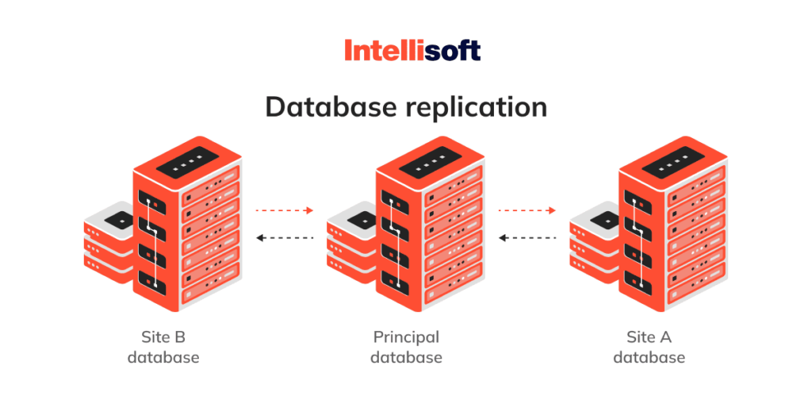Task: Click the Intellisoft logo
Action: click(412, 52)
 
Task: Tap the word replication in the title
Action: click(475, 107)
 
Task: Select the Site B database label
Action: click(163, 347)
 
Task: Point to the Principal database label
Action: click(406, 347)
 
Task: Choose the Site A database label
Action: click(649, 347)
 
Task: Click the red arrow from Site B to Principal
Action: click(285, 210)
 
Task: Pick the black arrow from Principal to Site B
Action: click(285, 237)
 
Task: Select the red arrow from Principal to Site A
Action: click(527, 210)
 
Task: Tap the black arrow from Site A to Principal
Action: click(527, 237)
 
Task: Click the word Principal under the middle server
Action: click(406, 337)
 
